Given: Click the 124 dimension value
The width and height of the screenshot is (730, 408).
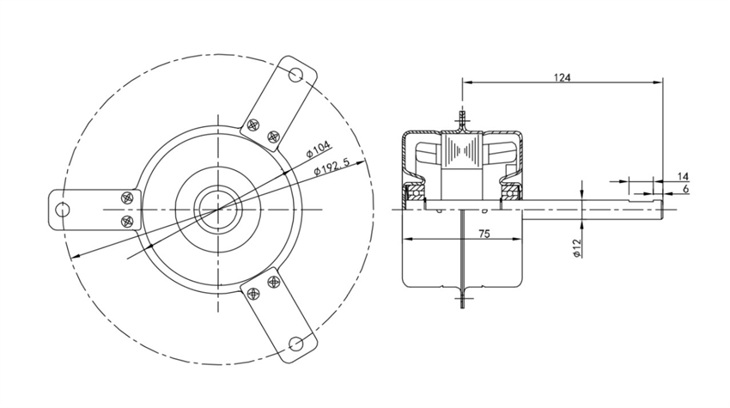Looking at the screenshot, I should coord(562,77).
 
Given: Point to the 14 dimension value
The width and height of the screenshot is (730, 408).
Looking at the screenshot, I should coord(683,175).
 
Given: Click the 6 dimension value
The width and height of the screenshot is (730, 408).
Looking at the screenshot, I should coord(684,187).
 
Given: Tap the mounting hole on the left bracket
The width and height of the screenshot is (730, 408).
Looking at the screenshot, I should coord(62,210).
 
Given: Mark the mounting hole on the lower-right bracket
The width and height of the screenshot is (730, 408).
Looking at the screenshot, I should coord(295,344).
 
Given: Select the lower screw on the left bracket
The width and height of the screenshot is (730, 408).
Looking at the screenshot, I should coord(128,222).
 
